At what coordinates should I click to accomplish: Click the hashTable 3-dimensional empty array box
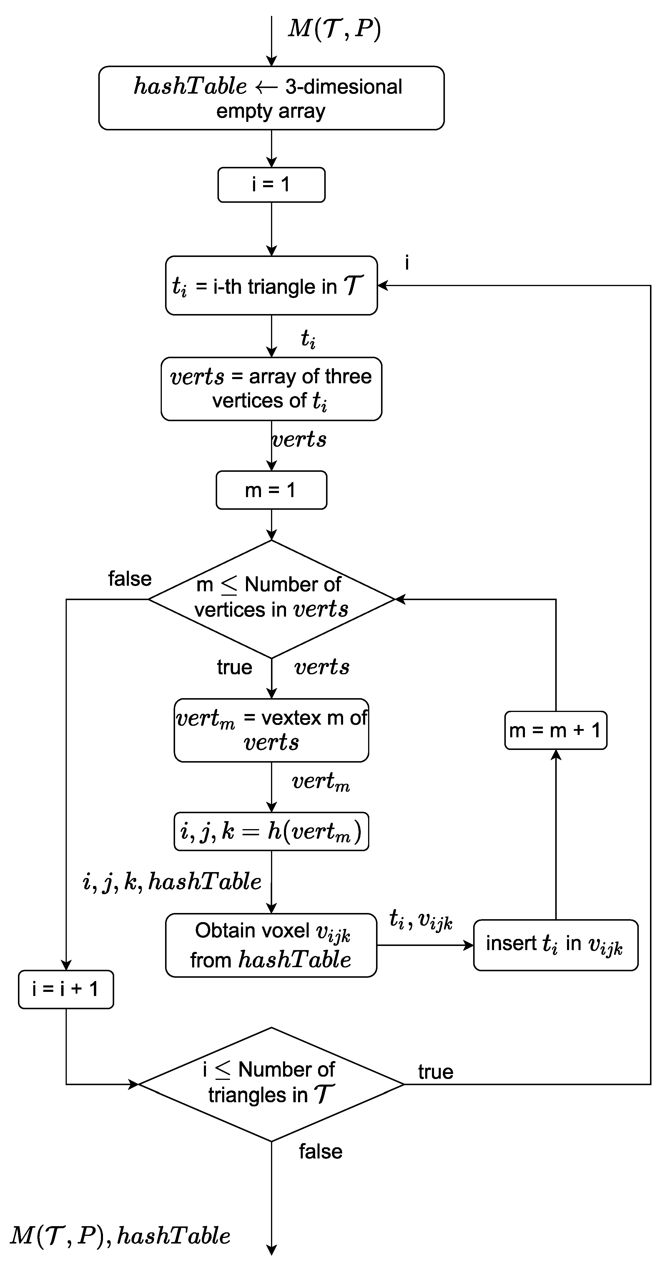pyautogui.click(x=271, y=98)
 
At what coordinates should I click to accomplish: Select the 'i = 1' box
pyautogui.click(x=271, y=185)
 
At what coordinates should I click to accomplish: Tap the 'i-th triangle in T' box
pyautogui.click(x=271, y=285)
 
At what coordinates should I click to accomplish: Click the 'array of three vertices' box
pyautogui.click(x=271, y=389)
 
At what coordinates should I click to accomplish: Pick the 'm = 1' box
pyautogui.click(x=271, y=490)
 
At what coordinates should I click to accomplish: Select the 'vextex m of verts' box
pyautogui.click(x=271, y=730)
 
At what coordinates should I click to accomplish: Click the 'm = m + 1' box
pyautogui.click(x=556, y=730)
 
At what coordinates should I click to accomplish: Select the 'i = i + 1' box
pyautogui.click(x=66, y=989)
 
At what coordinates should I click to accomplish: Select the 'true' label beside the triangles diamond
pyautogui.click(x=435, y=1072)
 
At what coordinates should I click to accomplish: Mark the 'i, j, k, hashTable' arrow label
pyautogui.click(x=172, y=881)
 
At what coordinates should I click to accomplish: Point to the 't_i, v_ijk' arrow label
pyautogui.click(x=420, y=919)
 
